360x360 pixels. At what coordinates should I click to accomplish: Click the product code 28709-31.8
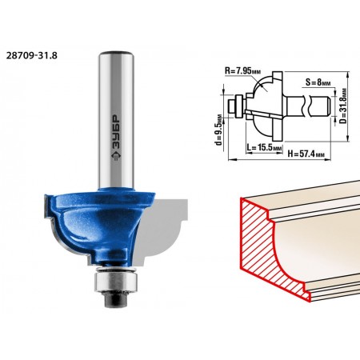pos(32,55)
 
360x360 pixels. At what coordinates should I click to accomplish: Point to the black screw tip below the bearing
pos(116,301)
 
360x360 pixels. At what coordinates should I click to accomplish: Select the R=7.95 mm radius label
pos(242,71)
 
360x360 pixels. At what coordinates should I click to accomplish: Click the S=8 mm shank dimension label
pos(318,82)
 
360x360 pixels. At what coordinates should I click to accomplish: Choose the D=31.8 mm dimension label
pos(344,106)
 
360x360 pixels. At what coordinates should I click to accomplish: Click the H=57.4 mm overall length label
pos(306,154)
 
